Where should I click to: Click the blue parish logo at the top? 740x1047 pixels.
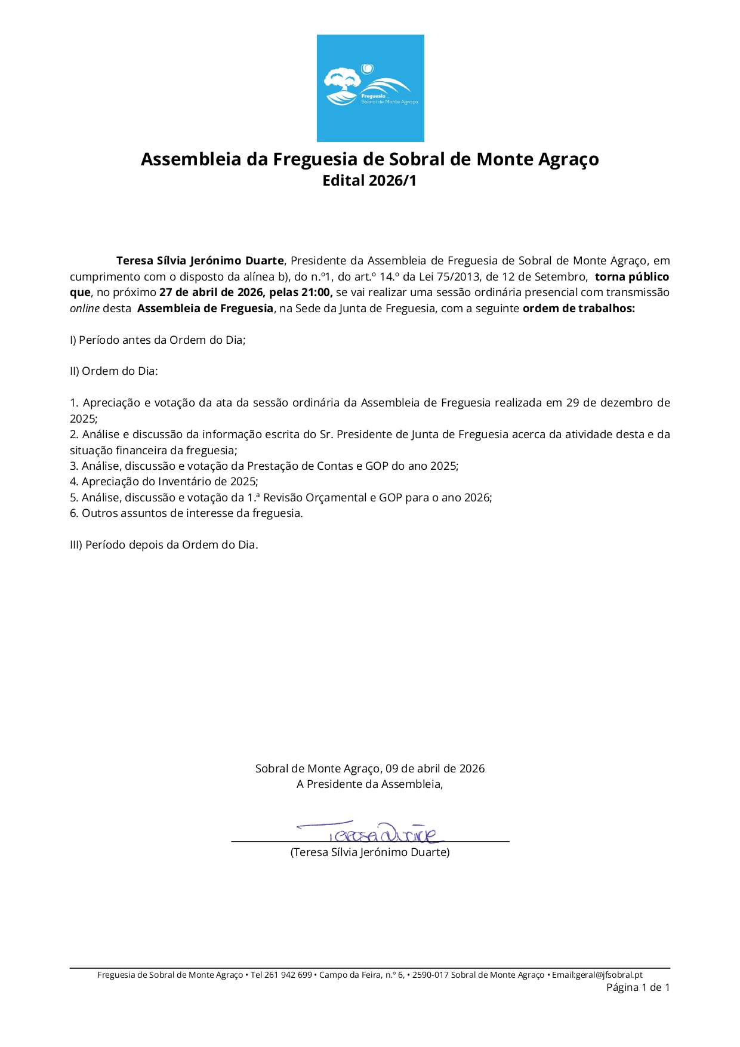point(370,88)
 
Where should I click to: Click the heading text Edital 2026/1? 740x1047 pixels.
point(369,180)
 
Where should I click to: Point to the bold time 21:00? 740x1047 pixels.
point(316,292)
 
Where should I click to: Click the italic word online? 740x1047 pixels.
point(84,309)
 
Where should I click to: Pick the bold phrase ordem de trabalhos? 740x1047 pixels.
point(578,309)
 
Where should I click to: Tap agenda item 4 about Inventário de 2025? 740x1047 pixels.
point(164,482)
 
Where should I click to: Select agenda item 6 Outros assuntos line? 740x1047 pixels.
point(186,513)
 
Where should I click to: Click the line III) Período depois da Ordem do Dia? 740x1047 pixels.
point(164,545)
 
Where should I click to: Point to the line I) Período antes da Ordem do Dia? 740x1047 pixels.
point(158,340)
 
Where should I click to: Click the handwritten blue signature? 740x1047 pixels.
point(370,832)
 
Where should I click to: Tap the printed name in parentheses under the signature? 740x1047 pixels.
point(370,852)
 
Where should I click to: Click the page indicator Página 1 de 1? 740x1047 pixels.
point(638,987)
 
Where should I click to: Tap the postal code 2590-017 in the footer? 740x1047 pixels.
point(430,975)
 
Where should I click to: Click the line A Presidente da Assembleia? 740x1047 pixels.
point(370,784)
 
